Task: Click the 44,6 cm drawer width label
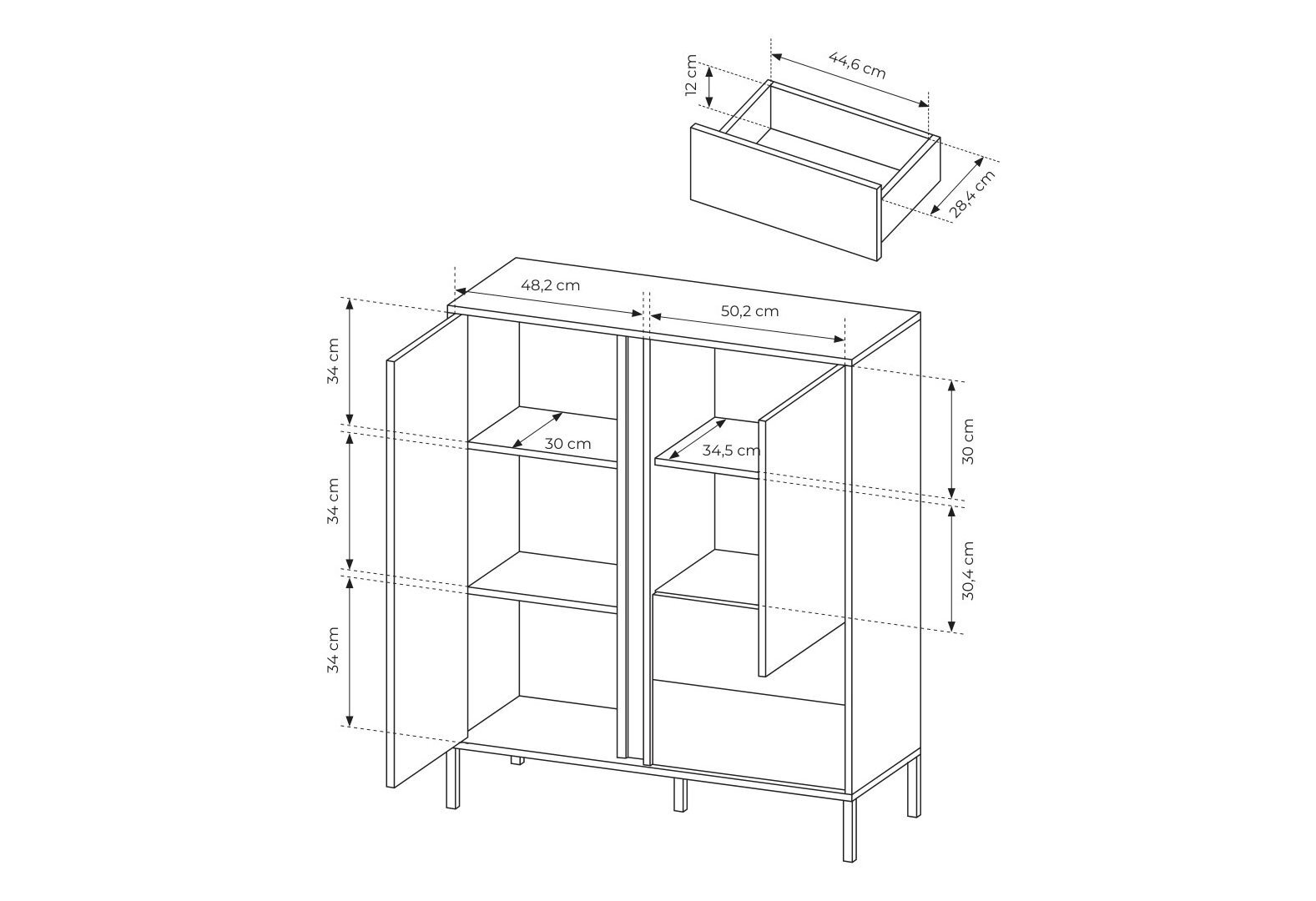click(x=856, y=65)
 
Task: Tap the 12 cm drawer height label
click(x=691, y=75)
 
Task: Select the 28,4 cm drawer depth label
click(x=972, y=194)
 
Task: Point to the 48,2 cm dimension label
click(x=551, y=285)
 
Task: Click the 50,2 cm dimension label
click(x=749, y=311)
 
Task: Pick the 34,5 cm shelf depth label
click(x=731, y=450)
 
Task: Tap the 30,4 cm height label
click(x=968, y=571)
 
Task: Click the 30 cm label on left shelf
click(x=567, y=444)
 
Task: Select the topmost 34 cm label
click(x=333, y=360)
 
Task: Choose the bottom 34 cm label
click(x=333, y=650)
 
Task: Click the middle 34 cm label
click(x=333, y=501)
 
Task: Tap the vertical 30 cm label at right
click(x=968, y=441)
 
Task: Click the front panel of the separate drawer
click(x=785, y=192)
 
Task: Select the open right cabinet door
click(x=801, y=520)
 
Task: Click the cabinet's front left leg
click(x=451, y=779)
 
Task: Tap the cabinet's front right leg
click(x=850, y=828)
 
